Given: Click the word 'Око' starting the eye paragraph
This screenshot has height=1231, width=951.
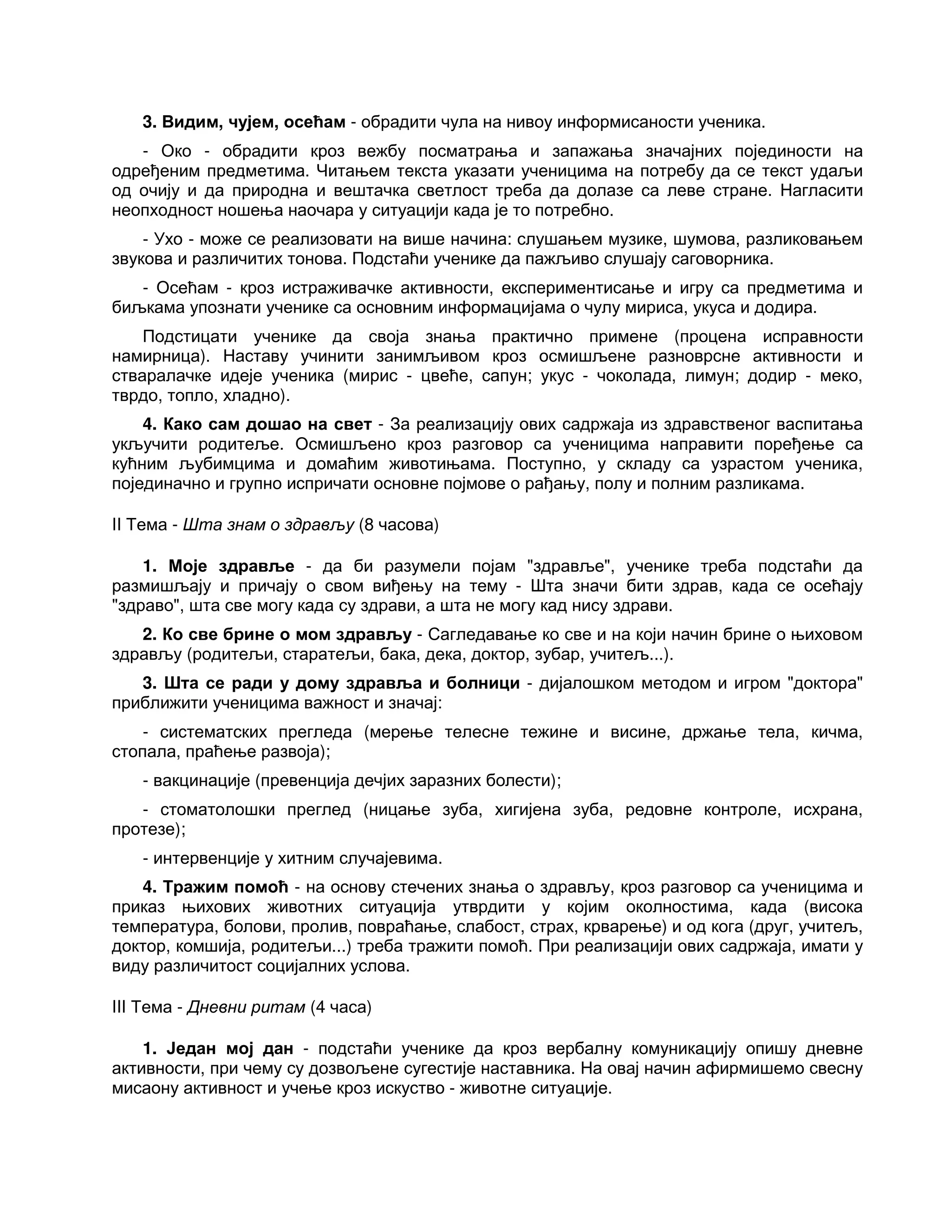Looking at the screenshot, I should click(x=176, y=151).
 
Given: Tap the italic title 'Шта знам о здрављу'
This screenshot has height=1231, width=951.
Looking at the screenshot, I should click(x=268, y=525).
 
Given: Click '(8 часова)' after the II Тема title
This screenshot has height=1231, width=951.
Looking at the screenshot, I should click(x=398, y=525).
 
